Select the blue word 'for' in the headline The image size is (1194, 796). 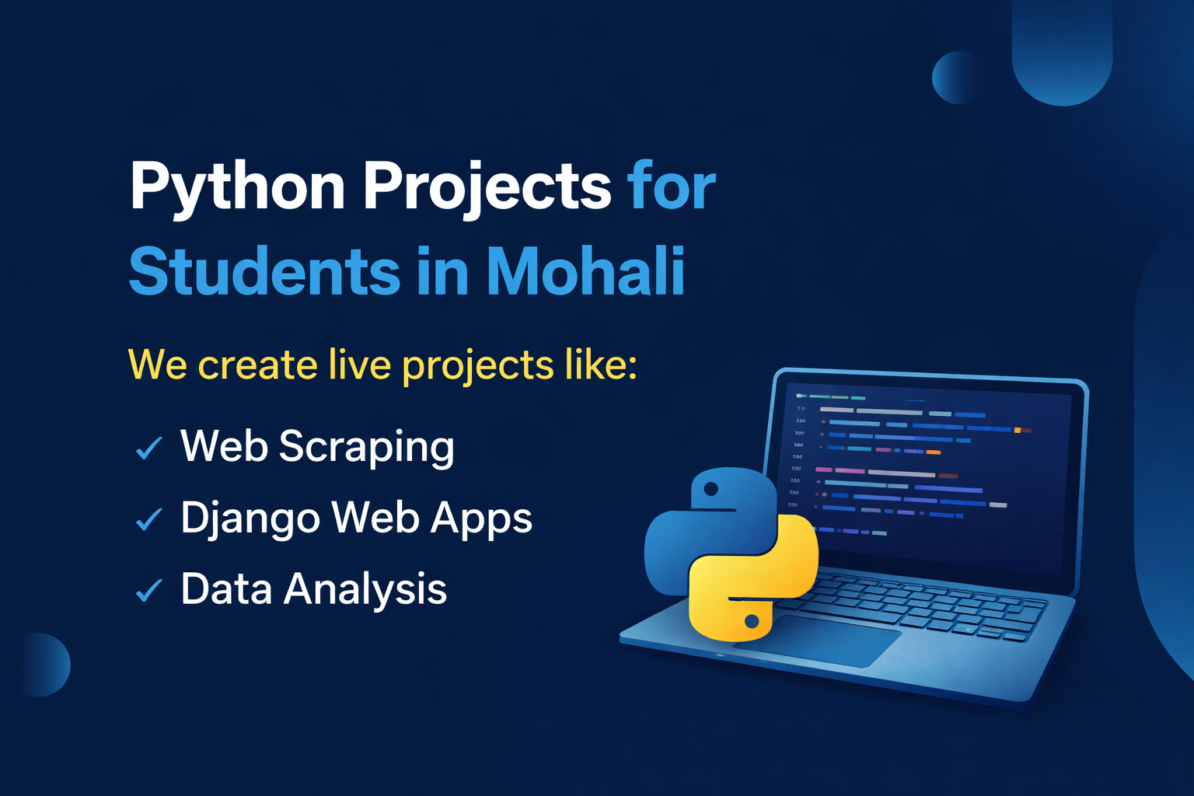tap(672, 184)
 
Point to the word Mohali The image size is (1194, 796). tap(586, 270)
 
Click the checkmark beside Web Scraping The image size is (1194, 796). tap(148, 448)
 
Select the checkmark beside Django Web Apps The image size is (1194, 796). tap(148, 519)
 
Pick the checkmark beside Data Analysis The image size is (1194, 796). tap(148, 590)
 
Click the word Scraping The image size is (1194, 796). tap(367, 448)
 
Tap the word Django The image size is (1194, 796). tap(250, 519)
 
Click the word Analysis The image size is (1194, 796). tap(365, 590)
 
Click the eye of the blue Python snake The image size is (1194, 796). tap(710, 488)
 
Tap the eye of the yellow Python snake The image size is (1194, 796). tap(752, 620)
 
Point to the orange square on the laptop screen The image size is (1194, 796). tap(1017, 430)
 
